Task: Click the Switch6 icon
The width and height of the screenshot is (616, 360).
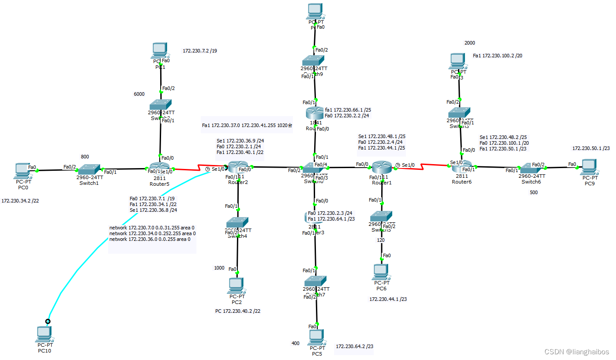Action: click(x=531, y=168)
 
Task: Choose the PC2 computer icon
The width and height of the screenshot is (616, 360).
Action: click(x=237, y=285)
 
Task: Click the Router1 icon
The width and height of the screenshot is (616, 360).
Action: click(x=382, y=168)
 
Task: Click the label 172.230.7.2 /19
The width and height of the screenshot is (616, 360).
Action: click(x=200, y=51)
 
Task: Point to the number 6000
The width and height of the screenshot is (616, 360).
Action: click(x=139, y=94)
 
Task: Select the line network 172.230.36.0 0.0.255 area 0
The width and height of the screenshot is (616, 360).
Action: click(x=150, y=239)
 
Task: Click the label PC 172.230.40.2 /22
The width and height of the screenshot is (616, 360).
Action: click(x=237, y=311)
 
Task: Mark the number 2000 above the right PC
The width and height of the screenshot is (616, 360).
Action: click(x=470, y=43)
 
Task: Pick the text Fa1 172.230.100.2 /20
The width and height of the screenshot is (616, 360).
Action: click(x=498, y=56)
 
